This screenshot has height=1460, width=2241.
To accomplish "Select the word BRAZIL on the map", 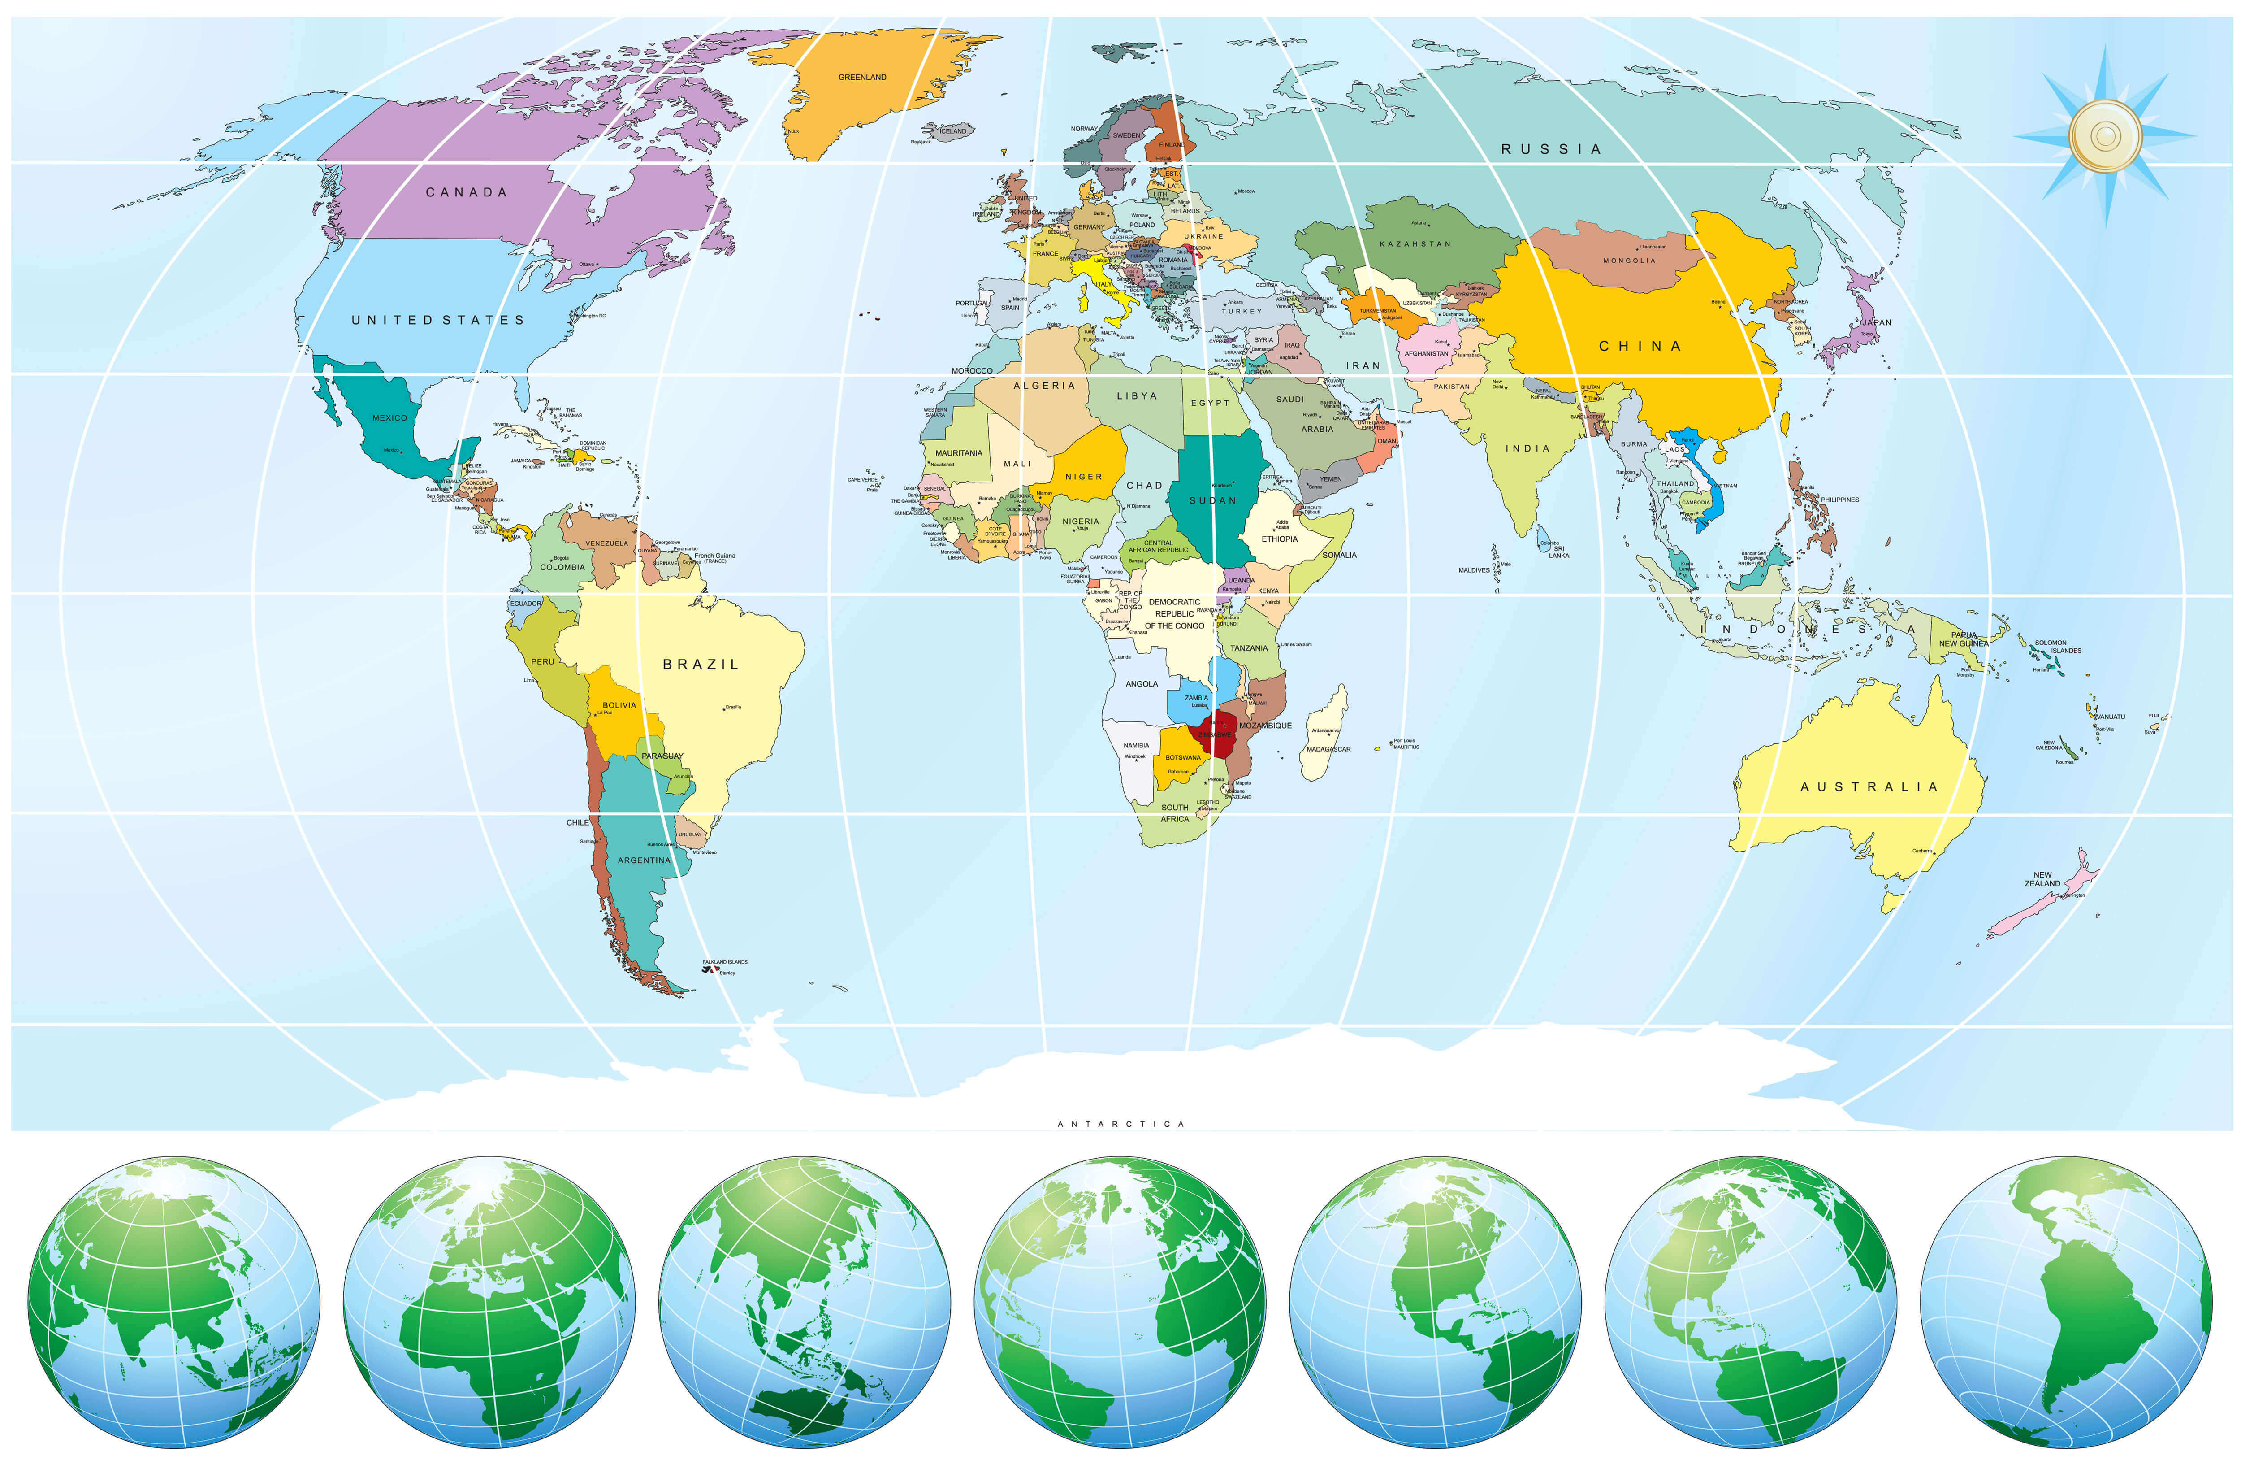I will [701, 664].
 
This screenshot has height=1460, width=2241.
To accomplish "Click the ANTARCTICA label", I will [1120, 1124].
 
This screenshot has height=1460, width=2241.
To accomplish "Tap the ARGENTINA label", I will [644, 860].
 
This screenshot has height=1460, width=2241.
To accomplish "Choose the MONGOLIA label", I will [1629, 261].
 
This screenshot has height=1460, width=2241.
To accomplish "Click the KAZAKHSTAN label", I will [1415, 244].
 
